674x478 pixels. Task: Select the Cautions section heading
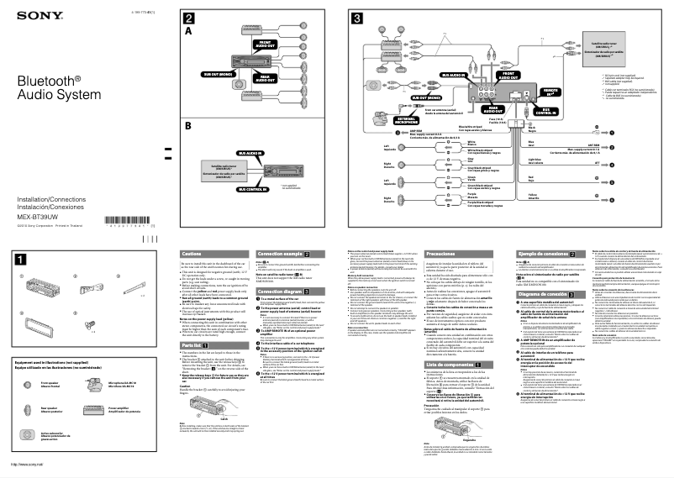192,253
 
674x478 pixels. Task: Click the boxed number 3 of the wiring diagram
357,18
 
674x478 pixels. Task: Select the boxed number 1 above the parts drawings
19,260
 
